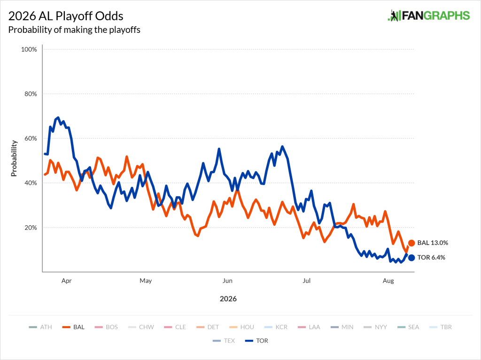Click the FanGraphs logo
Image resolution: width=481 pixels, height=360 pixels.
click(428, 15)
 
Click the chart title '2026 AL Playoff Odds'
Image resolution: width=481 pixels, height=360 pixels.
click(66, 16)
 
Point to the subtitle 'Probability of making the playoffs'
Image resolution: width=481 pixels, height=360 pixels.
click(74, 30)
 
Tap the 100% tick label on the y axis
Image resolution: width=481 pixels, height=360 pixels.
click(29, 49)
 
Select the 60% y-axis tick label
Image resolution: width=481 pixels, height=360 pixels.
click(31, 138)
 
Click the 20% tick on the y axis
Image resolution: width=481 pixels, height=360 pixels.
click(31, 228)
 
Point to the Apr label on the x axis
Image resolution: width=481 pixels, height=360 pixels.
click(67, 281)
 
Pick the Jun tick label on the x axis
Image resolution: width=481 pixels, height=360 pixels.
click(227, 281)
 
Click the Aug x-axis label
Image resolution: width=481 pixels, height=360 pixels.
click(388, 281)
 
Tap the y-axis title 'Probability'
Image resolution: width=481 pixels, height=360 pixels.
click(14, 158)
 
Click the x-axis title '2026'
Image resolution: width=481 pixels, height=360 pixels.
click(228, 299)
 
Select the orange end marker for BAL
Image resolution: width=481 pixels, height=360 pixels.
click(411, 243)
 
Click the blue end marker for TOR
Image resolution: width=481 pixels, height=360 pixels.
click(411, 258)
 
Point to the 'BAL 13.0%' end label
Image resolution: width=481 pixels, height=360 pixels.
click(433, 243)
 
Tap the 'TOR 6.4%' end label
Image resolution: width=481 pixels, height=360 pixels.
click(431, 258)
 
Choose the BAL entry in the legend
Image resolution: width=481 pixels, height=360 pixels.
click(73, 327)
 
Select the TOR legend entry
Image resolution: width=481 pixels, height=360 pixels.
click(256, 341)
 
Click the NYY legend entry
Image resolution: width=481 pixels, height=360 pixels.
click(375, 327)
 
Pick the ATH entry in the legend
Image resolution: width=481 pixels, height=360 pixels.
click(40, 327)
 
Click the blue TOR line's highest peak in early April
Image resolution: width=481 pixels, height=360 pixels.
click(58, 117)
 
